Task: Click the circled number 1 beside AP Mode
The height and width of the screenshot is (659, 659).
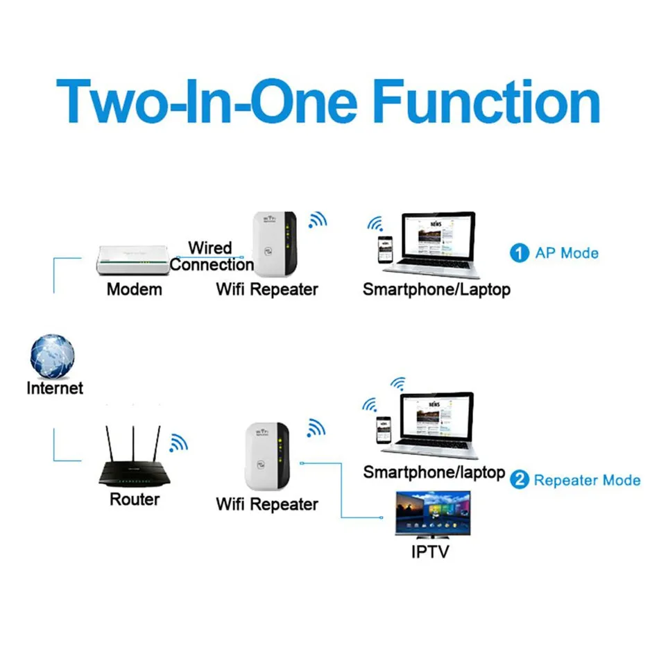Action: [x=519, y=253]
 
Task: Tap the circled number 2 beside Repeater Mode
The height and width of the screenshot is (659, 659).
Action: [x=519, y=479]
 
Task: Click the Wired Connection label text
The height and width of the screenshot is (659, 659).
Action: [x=211, y=256]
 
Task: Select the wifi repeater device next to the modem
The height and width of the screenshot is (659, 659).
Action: [x=275, y=243]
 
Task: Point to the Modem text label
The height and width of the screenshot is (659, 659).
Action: [x=135, y=289]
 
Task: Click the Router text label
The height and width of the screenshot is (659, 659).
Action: [x=134, y=499]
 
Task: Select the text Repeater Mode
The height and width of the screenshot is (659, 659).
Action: [x=587, y=480]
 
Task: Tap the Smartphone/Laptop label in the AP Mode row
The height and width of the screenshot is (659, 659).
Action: [x=436, y=289]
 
